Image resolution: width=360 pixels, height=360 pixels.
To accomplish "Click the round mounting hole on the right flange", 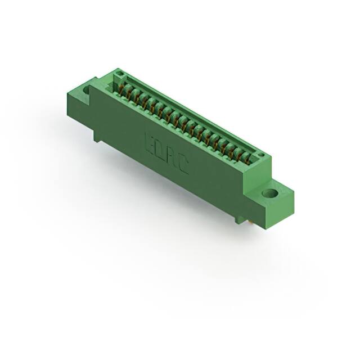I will (271, 193).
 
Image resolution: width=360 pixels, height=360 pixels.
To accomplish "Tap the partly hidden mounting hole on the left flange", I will (87, 89).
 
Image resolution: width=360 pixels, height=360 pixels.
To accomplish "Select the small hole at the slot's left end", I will (118, 73).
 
